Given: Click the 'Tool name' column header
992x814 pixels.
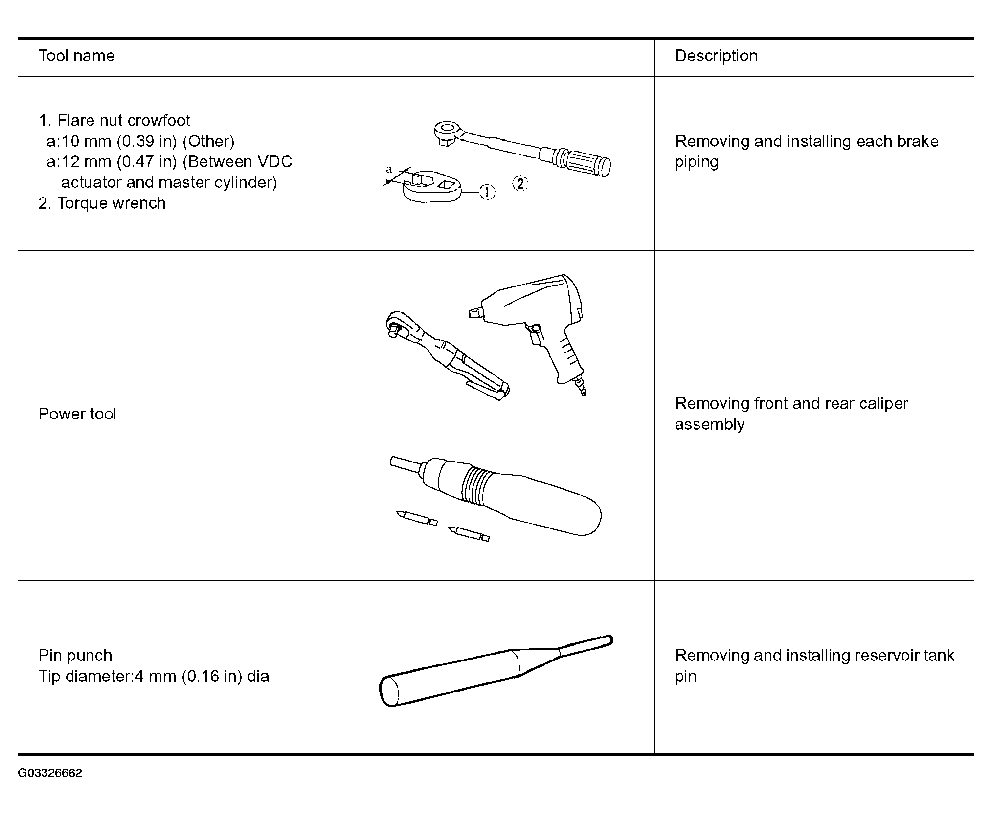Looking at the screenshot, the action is pyautogui.click(x=76, y=56).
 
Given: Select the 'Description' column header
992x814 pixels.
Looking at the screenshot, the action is pyautogui.click(x=716, y=56).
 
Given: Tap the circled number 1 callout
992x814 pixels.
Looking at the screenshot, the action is pyautogui.click(x=487, y=192).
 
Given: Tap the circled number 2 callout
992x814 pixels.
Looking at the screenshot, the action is pyautogui.click(x=520, y=183).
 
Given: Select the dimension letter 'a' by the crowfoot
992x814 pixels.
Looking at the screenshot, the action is pyautogui.click(x=389, y=170).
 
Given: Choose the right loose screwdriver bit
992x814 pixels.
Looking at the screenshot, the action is pyautogui.click(x=469, y=534).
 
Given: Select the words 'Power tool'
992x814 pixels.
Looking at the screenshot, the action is pyautogui.click(x=77, y=414).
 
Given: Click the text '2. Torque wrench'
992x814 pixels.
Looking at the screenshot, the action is pyautogui.click(x=102, y=203).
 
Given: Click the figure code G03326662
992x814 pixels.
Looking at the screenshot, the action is pyautogui.click(x=50, y=773).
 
